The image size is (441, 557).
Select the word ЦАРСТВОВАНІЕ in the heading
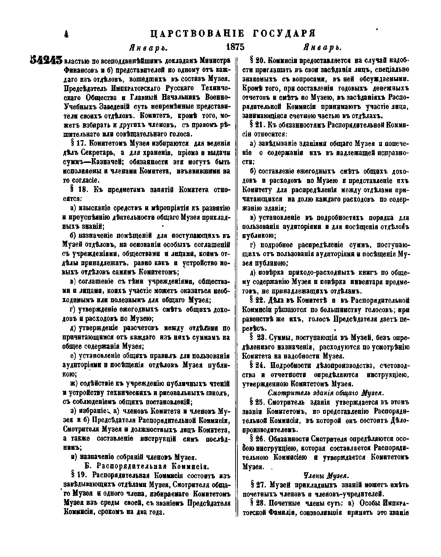tap(197, 33)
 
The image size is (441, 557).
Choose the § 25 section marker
tap(257, 402)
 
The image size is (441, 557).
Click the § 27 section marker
tap(257, 485)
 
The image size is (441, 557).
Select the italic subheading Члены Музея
tap(325, 476)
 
